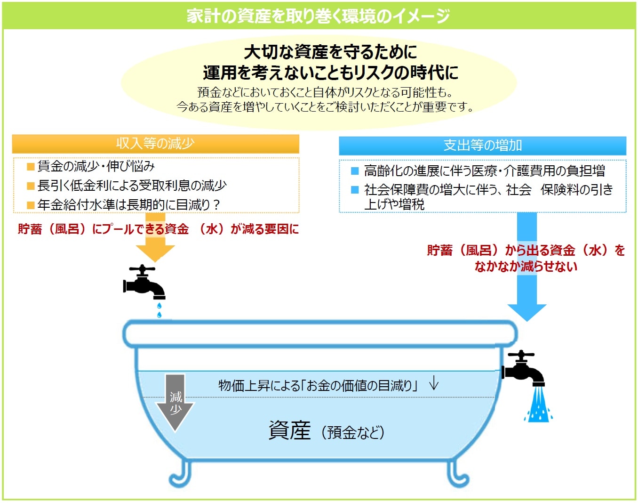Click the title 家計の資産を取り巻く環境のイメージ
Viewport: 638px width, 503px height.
pyautogui.click(x=319, y=16)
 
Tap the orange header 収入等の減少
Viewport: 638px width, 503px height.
pyautogui.click(x=155, y=144)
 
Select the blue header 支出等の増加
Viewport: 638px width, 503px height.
pyautogui.click(x=482, y=145)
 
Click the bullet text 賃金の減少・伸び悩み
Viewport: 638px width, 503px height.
pyautogui.click(x=96, y=166)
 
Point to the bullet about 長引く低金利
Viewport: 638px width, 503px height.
pyautogui.click(x=132, y=186)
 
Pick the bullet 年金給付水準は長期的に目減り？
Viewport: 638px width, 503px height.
pyautogui.click(x=128, y=205)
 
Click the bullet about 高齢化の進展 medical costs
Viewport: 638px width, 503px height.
pyautogui.click(x=484, y=170)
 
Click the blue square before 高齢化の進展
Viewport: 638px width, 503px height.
pyautogui.click(x=355, y=170)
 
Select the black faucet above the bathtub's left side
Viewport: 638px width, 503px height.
pyautogui.click(x=144, y=282)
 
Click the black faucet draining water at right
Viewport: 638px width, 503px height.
pyautogui.click(x=523, y=368)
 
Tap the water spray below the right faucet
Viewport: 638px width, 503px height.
pyautogui.click(x=538, y=406)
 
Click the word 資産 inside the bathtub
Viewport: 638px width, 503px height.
pyautogui.click(x=289, y=430)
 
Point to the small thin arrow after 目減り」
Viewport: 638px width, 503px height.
pyautogui.click(x=434, y=383)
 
